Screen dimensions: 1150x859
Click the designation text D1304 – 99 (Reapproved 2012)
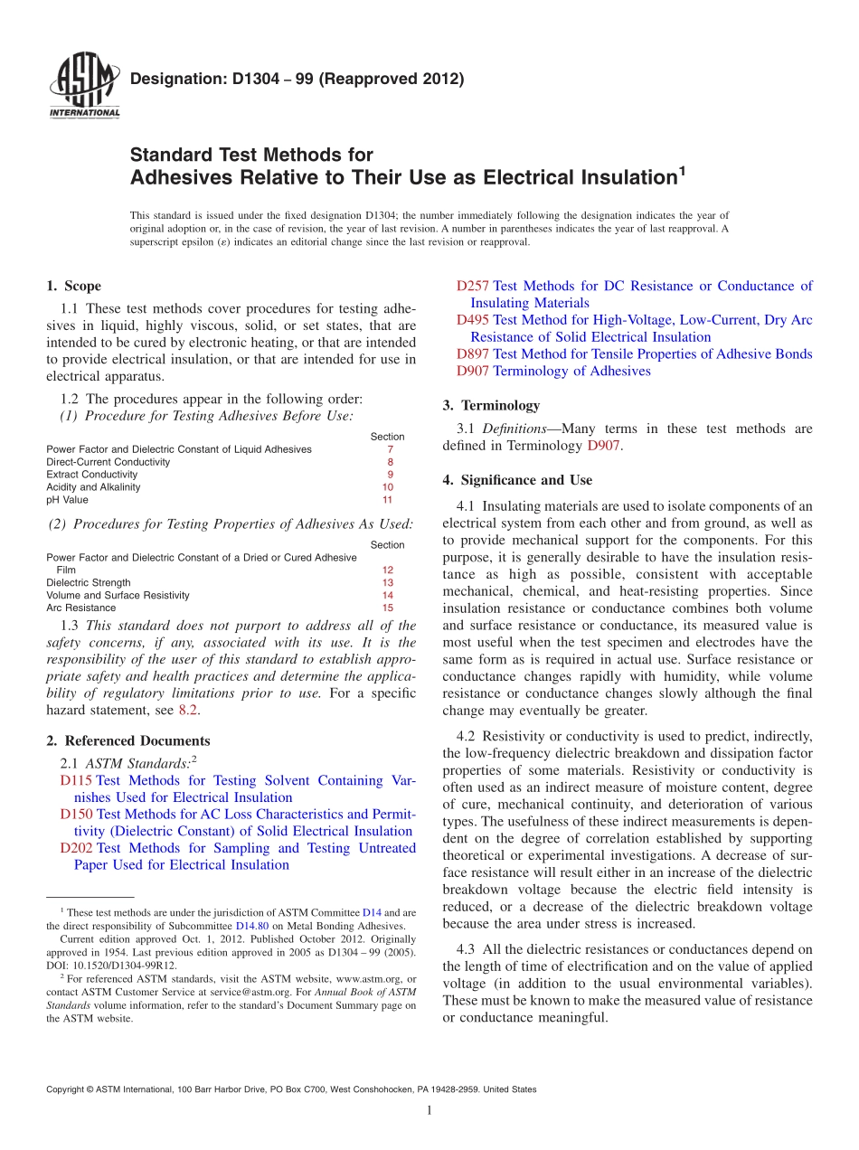[x=297, y=79]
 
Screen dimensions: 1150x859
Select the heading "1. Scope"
[x=73, y=286]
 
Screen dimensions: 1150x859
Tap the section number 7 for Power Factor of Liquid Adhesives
[x=390, y=449]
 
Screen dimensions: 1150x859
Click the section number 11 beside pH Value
[x=387, y=500]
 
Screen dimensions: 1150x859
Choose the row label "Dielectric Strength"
[x=88, y=583]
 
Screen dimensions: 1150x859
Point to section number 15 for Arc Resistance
[x=387, y=608]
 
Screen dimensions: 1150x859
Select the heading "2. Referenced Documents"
[x=127, y=741]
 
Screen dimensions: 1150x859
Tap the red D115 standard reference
[x=76, y=780]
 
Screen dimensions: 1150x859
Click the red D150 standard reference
[x=76, y=815]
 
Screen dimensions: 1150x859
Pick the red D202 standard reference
[x=76, y=848]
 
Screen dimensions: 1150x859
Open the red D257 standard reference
[x=473, y=287]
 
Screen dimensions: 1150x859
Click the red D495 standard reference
[x=473, y=320]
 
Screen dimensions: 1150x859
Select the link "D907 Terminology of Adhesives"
[x=553, y=371]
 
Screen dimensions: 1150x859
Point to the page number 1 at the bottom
[x=429, y=1111]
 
